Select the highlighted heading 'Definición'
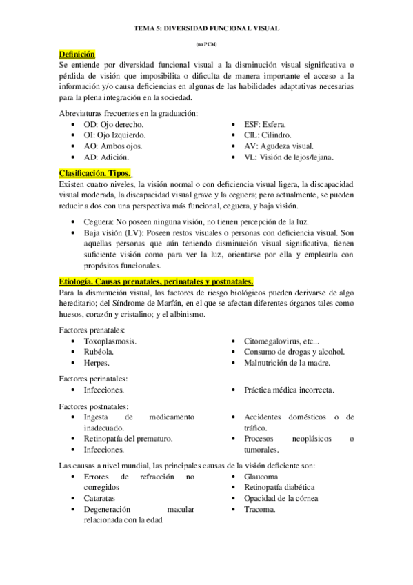pos(77,54)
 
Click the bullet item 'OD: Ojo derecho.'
pos(114,123)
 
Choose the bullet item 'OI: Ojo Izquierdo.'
pos(117,135)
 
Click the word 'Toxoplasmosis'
pos(110,341)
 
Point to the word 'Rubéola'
pos(99,352)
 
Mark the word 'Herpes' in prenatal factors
pos(97,363)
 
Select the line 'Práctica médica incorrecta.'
pos(290,390)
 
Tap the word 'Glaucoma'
pos(261,477)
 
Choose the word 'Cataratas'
pos(101,498)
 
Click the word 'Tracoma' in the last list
pos(259,510)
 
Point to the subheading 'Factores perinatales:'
pos(94,379)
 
